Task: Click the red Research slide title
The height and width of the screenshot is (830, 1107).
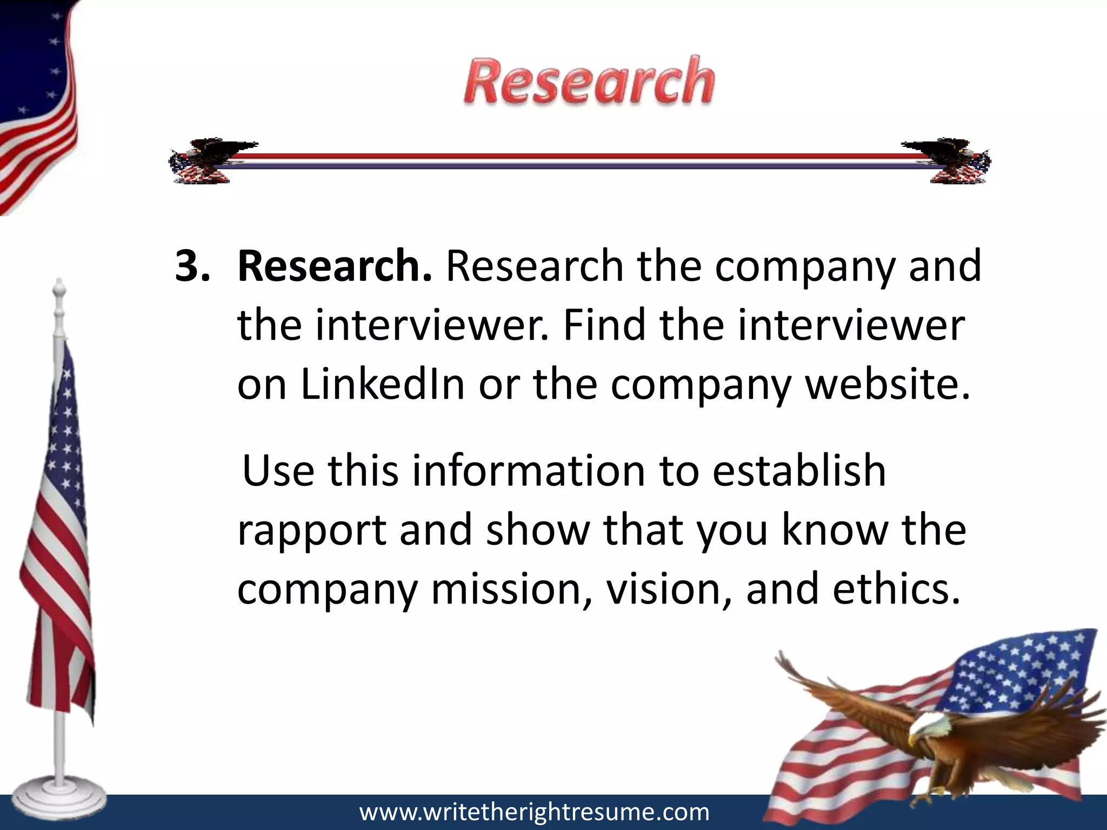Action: tap(589, 82)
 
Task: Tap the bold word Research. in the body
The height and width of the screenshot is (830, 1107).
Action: tap(335, 266)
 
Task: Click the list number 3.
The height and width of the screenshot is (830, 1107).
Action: tap(192, 266)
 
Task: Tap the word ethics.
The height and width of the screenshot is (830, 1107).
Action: tap(897, 588)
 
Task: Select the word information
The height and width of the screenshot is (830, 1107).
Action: tap(529, 471)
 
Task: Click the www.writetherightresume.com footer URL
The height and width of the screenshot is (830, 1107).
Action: tap(534, 812)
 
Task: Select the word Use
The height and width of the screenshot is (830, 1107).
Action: tap(278, 471)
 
